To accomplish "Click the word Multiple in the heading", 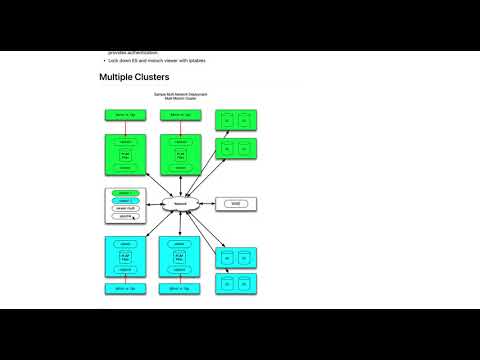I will tap(117, 77).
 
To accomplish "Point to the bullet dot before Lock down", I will tap(102, 61).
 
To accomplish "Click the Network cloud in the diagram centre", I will tap(181, 203).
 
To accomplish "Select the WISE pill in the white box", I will tap(236, 203).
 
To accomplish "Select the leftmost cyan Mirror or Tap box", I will tap(125, 288).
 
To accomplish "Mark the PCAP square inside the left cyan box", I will tap(125, 256).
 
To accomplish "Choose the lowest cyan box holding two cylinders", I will tap(236, 284).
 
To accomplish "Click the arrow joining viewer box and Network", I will tap(155, 203).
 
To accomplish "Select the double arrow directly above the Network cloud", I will tap(181, 186).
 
